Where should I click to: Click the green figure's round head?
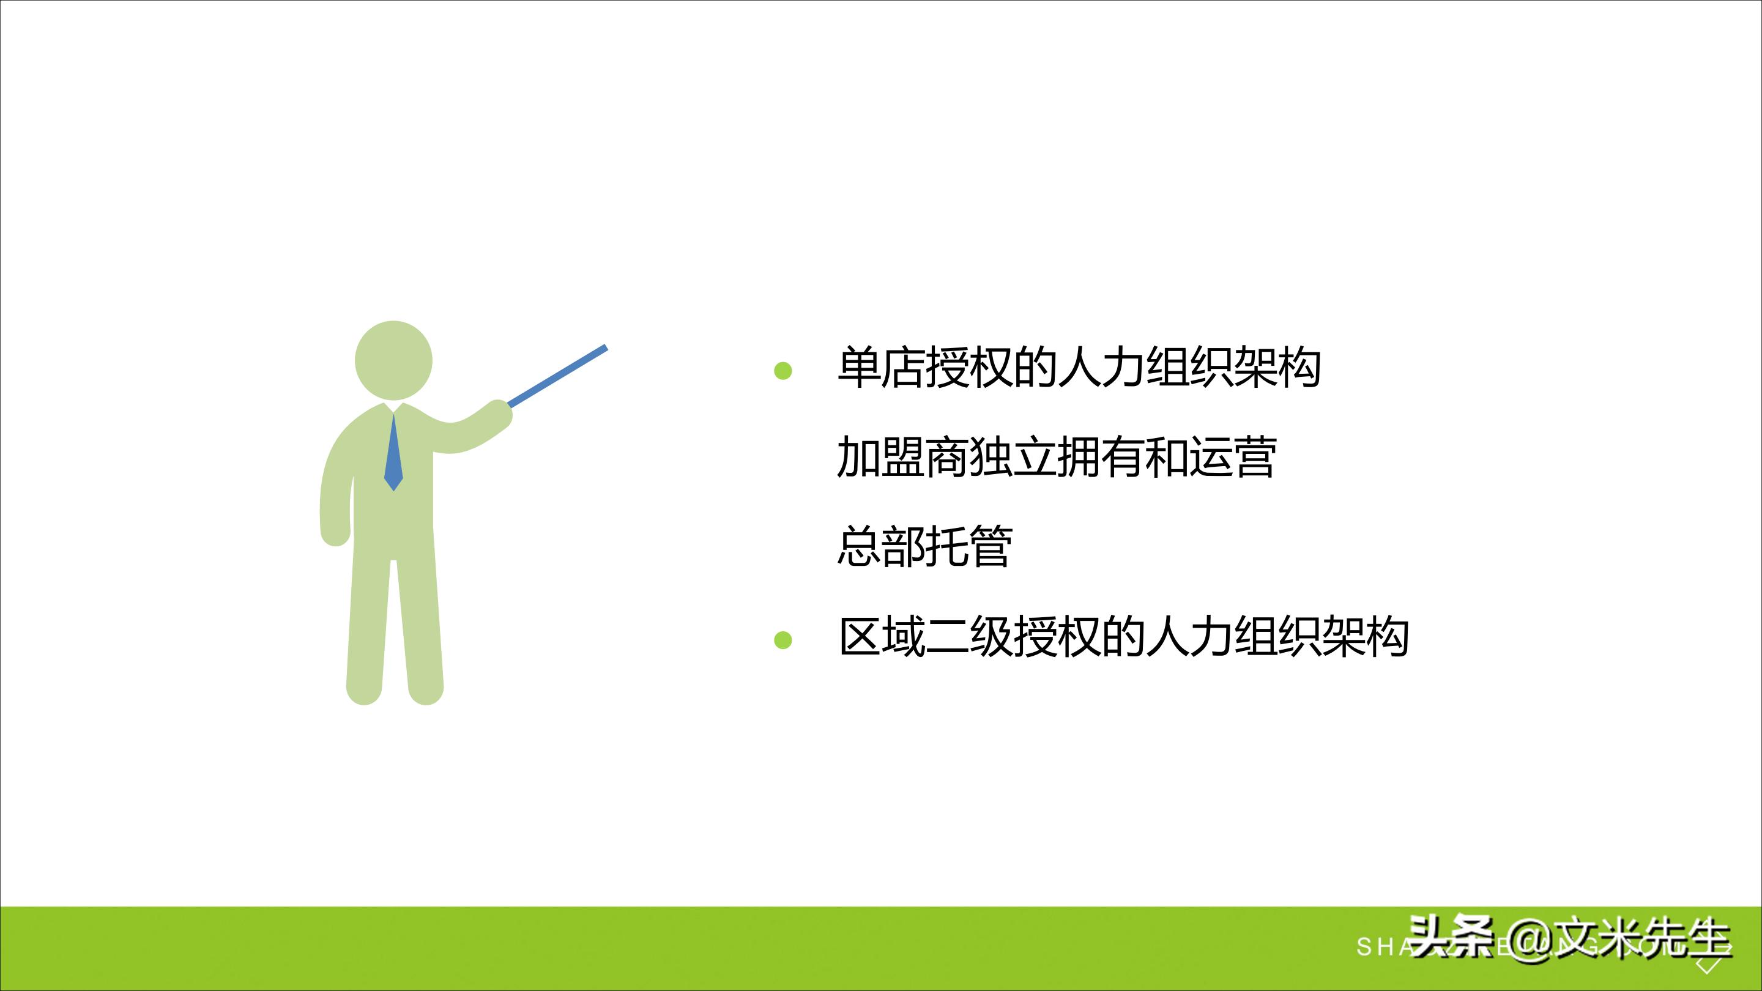click(x=393, y=360)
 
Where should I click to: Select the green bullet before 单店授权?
click(x=782, y=371)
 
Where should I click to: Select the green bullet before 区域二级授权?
click(x=782, y=640)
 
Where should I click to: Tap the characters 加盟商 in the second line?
click(x=903, y=457)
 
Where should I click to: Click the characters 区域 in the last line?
click(x=882, y=637)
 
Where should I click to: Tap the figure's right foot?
click(x=425, y=691)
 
